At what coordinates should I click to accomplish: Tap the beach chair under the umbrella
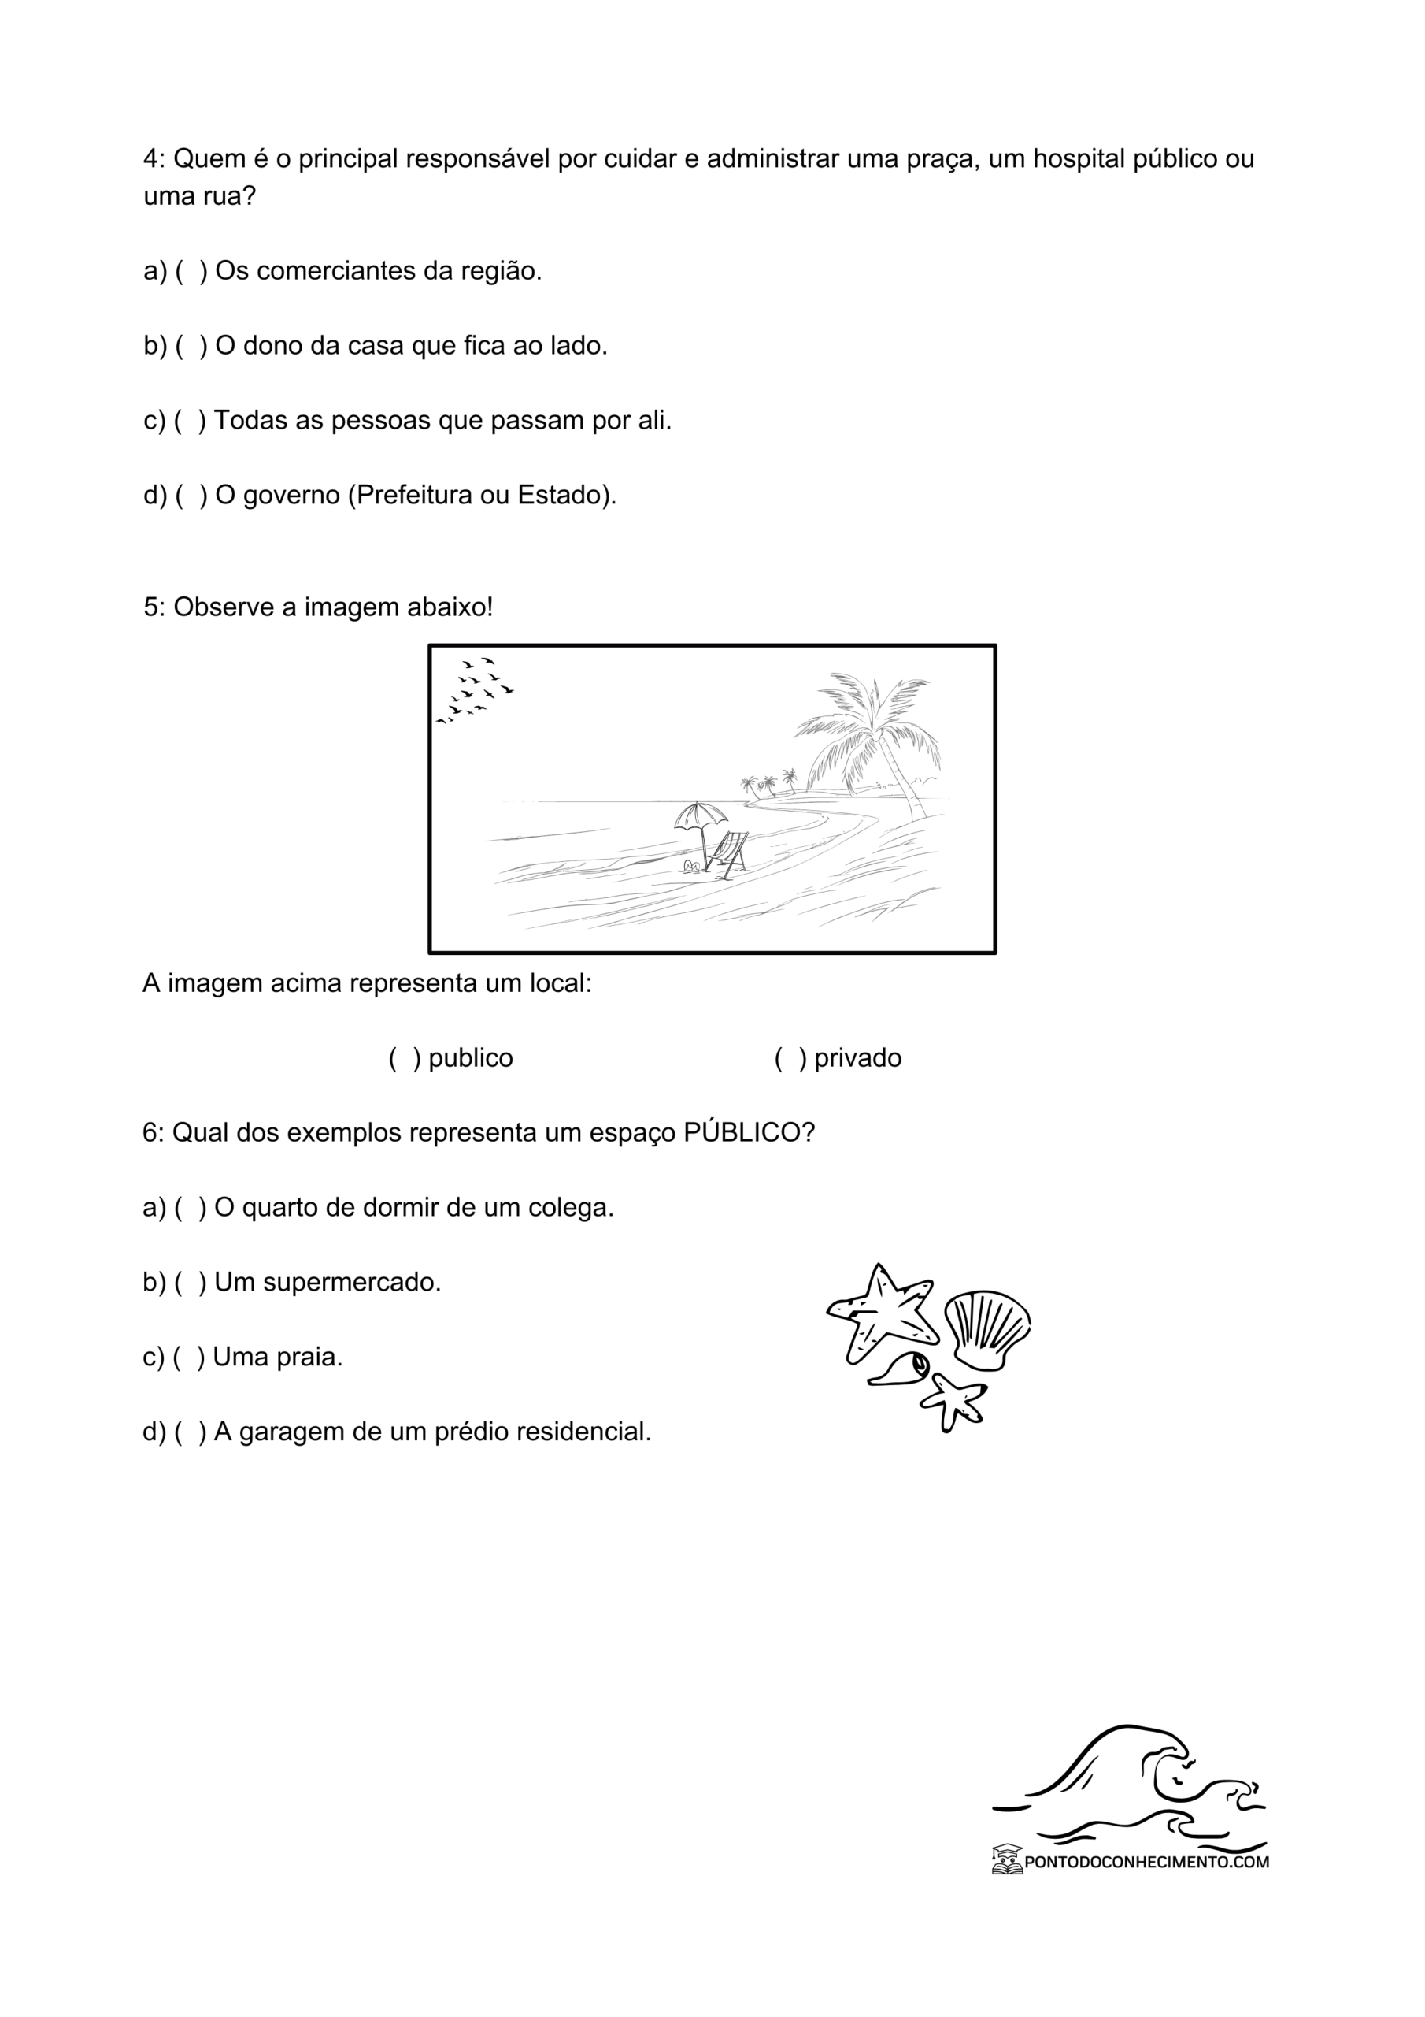point(729,852)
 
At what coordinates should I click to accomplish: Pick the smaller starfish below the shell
point(954,1400)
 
